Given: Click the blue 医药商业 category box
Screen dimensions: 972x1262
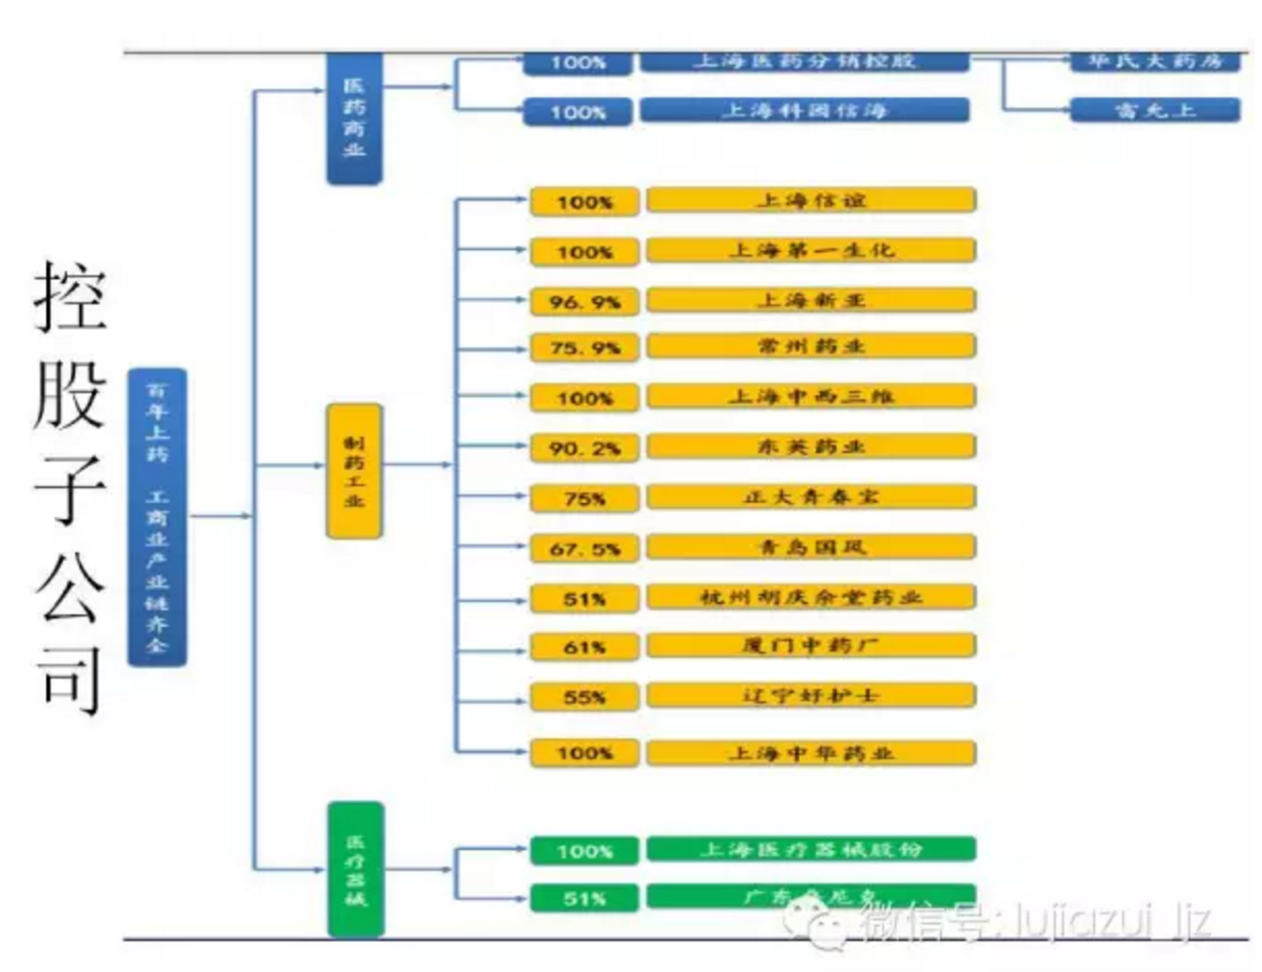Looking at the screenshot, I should [x=354, y=117].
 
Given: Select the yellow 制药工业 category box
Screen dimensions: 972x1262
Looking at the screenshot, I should [x=354, y=470].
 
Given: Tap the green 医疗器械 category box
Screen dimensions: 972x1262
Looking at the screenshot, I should [x=355, y=870].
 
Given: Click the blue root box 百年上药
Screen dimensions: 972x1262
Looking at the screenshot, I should [x=157, y=517].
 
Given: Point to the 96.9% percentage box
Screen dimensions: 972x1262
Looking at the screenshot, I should [x=584, y=302].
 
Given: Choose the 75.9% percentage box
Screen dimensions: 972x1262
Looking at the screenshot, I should [x=584, y=348].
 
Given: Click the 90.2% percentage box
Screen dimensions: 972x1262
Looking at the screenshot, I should [x=584, y=448].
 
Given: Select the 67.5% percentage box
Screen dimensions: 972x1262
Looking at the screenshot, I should [x=584, y=548].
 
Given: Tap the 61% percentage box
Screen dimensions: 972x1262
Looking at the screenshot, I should [x=584, y=648].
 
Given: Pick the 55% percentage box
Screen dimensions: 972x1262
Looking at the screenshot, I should [x=584, y=698].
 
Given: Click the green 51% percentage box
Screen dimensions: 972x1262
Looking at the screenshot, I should [x=584, y=899].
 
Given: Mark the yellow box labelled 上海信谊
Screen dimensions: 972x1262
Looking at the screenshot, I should [x=811, y=200].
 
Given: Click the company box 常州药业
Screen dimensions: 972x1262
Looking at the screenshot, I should [x=811, y=346].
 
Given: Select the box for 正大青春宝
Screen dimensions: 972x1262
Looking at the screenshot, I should [x=811, y=496].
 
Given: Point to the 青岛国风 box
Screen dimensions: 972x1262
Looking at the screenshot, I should [x=811, y=546].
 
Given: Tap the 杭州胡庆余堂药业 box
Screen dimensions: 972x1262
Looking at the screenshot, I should [x=811, y=597].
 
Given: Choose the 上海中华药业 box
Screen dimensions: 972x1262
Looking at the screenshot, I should [x=811, y=752].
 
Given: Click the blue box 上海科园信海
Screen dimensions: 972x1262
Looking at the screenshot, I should [x=804, y=110].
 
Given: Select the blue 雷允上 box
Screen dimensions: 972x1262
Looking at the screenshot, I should [x=1155, y=110].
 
